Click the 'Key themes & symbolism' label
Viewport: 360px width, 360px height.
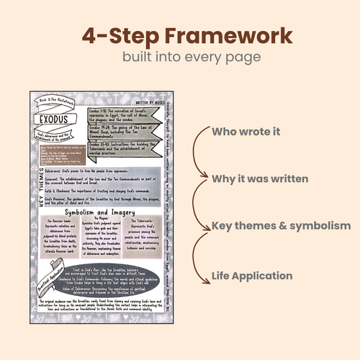click(x=281, y=225)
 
